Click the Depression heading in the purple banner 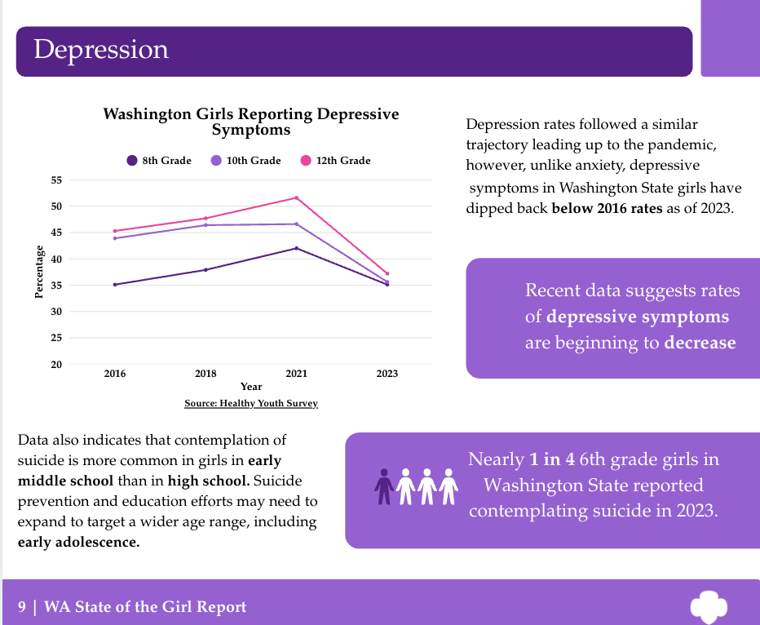click(x=101, y=50)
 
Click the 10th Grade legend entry click(x=245, y=161)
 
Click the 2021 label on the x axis click(x=296, y=374)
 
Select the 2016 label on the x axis click(x=115, y=374)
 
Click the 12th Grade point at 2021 click(x=296, y=197)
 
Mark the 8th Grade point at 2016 click(x=115, y=284)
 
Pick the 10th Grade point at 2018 click(x=205, y=225)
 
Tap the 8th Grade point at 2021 click(x=296, y=248)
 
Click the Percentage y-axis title click(x=39, y=272)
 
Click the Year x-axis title click(x=251, y=387)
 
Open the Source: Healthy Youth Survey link click(x=251, y=403)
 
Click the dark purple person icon click(x=383, y=485)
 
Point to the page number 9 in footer click(x=22, y=606)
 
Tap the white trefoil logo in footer click(x=708, y=606)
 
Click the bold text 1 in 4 click(x=540, y=459)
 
